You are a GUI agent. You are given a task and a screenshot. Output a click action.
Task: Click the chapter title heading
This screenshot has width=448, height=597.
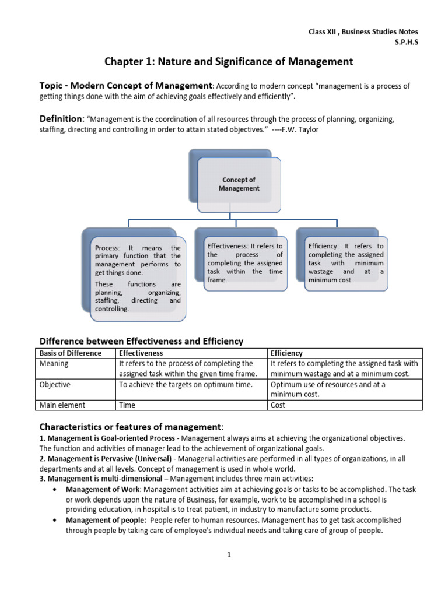point(229,61)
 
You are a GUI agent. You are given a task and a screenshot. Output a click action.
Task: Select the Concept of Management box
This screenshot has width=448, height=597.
point(239,184)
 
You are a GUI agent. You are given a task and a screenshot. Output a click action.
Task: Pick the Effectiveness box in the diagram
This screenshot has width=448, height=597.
point(244,263)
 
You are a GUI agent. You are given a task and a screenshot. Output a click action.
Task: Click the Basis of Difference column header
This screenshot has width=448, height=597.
point(70,353)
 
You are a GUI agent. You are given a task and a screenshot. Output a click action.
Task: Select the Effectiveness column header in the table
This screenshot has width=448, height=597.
point(141,353)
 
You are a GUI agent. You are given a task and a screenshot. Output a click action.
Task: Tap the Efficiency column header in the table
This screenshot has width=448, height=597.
point(286,353)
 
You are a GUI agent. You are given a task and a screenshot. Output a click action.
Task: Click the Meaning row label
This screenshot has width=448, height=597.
point(54,364)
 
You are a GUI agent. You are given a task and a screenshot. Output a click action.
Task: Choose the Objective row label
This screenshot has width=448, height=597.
point(55,385)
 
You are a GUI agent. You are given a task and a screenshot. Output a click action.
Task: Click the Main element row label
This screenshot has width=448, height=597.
point(62,405)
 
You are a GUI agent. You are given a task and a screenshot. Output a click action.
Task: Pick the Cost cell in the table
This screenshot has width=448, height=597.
point(278,405)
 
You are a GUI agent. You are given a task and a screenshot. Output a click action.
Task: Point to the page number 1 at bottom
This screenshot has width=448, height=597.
point(229,554)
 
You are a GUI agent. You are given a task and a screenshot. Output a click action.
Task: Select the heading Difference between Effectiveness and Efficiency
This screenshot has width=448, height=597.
point(141,341)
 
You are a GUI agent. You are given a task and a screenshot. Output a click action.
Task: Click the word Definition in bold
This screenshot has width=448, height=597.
point(61,118)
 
